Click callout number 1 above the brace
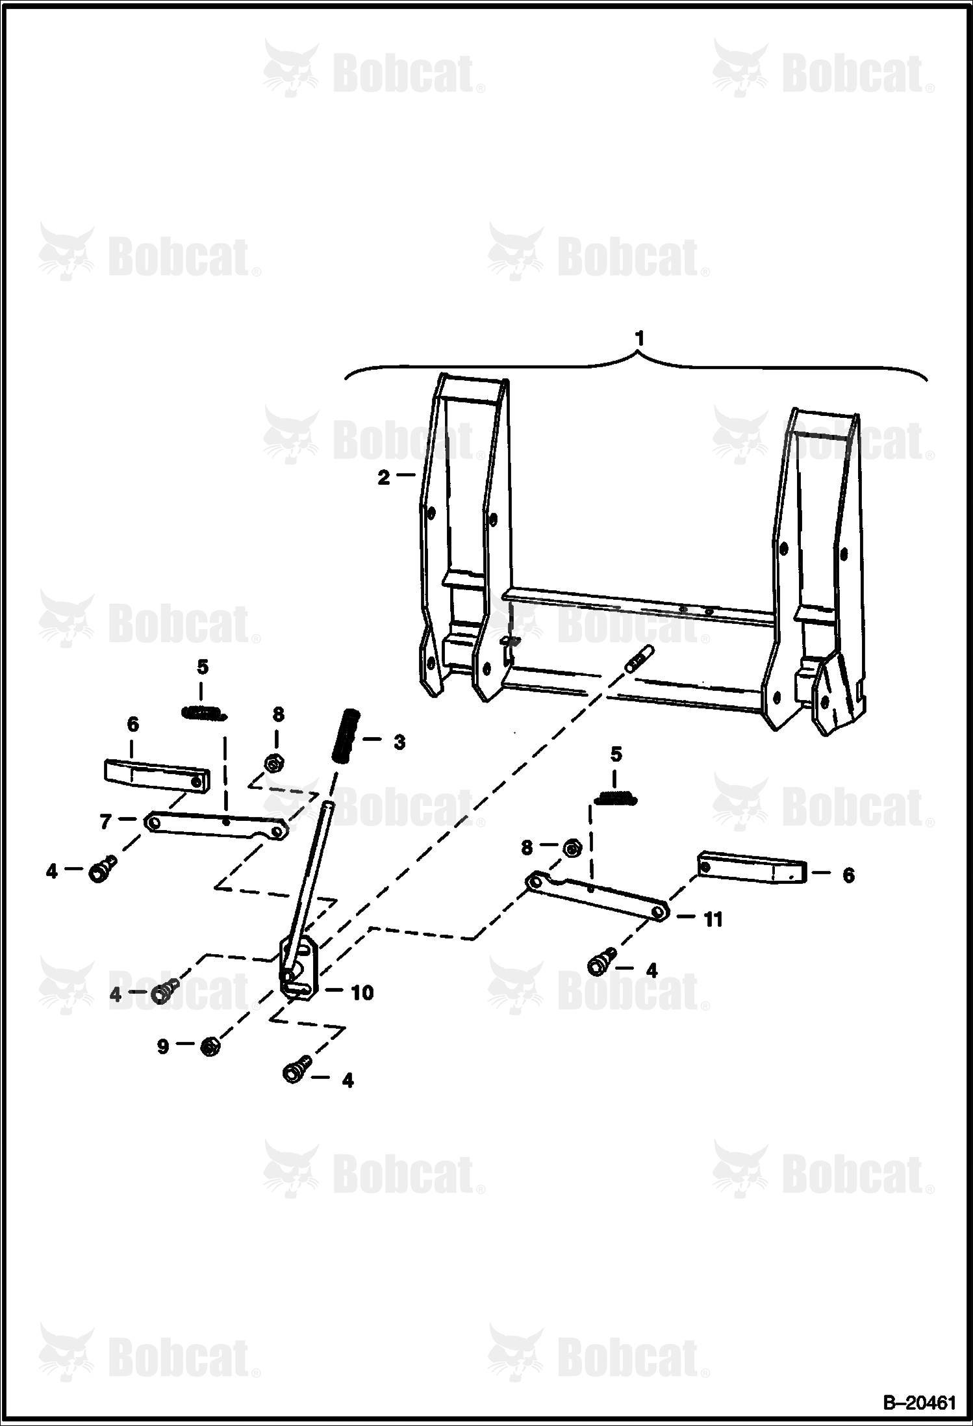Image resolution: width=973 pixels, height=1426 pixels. tap(640, 339)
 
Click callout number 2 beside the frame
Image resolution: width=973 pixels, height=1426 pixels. tap(384, 478)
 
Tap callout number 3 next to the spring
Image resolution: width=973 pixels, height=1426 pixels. tap(399, 742)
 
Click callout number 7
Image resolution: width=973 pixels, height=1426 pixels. tap(106, 822)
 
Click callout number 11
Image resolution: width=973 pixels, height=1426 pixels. tap(713, 919)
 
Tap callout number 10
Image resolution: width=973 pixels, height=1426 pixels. tap(362, 992)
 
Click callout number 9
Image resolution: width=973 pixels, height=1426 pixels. tap(162, 1046)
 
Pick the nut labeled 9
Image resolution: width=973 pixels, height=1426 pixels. tap(208, 1047)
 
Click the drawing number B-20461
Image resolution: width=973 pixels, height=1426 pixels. tap(918, 1402)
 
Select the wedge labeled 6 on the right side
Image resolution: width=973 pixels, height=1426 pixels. tap(752, 866)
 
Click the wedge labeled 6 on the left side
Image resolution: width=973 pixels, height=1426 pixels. tap(157, 776)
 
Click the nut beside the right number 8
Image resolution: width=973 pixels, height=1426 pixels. tap(572, 848)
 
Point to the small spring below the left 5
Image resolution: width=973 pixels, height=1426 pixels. tap(204, 714)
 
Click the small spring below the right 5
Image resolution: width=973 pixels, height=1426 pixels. tap(616, 797)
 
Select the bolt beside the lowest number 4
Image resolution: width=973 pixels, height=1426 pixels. tap(296, 1073)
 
